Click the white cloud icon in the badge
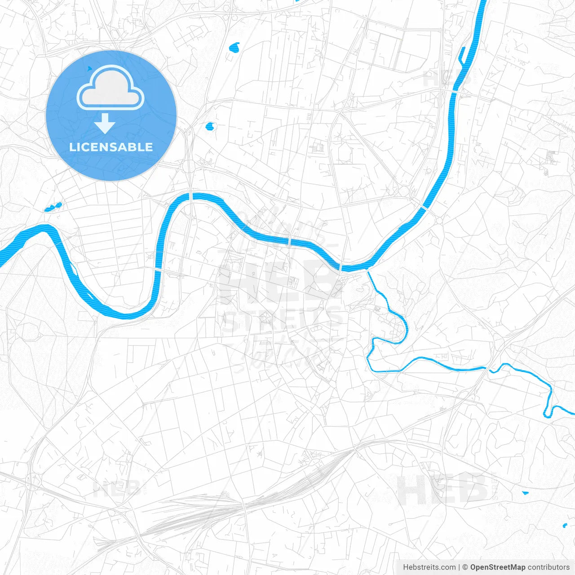(x=111, y=88)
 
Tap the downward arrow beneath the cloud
(x=105, y=124)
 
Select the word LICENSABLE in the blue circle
(x=111, y=147)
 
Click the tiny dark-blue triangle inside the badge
(x=90, y=68)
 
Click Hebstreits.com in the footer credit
(x=429, y=567)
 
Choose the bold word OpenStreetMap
(x=497, y=567)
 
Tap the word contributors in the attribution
(x=548, y=567)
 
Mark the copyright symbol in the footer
(x=465, y=567)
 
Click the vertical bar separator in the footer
(x=459, y=567)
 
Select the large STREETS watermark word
(x=282, y=320)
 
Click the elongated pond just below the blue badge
(x=53, y=207)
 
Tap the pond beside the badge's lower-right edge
(x=209, y=127)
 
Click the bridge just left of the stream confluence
(x=341, y=268)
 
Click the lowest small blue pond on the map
(x=565, y=525)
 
